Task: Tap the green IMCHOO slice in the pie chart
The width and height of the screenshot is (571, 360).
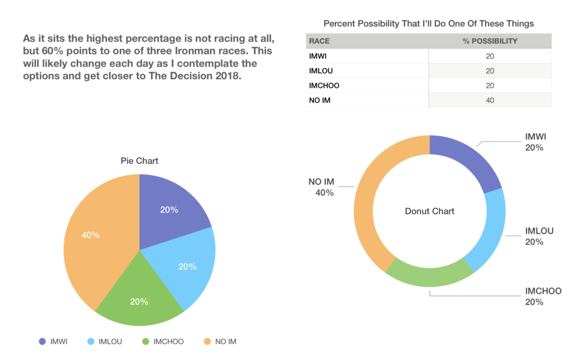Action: (139, 301)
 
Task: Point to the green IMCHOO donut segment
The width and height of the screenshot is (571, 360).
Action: (429, 276)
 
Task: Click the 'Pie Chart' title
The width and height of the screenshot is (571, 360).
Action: (139, 161)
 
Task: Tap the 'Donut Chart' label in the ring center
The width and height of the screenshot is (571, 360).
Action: (429, 211)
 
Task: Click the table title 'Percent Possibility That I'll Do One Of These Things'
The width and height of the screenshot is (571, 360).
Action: (429, 23)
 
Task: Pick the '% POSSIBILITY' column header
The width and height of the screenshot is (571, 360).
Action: (490, 41)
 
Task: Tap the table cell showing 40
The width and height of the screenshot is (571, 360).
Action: (490, 100)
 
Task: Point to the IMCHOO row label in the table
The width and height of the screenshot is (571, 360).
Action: (324, 85)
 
